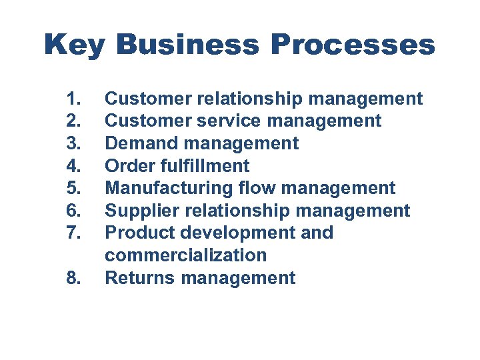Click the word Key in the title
tap(75, 45)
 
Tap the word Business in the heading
tap(187, 45)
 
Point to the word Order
tap(129, 166)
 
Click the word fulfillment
tap(204, 166)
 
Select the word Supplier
tap(143, 211)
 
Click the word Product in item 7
tap(139, 233)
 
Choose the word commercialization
tap(186, 255)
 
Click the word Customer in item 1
tap(148, 99)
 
